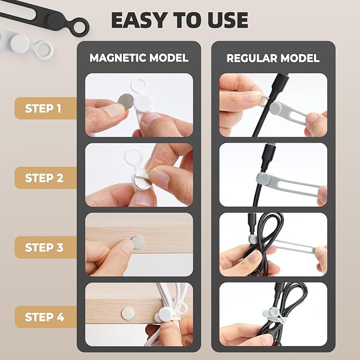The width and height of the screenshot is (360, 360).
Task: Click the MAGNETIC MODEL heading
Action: click(139, 58)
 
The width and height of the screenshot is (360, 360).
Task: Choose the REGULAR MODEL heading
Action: click(273, 58)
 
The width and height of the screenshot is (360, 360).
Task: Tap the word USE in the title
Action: click(226, 20)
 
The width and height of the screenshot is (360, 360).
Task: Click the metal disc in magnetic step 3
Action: click(137, 242)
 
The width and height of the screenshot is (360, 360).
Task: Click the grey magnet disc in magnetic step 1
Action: click(126, 101)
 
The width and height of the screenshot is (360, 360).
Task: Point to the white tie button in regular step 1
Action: click(275, 108)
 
